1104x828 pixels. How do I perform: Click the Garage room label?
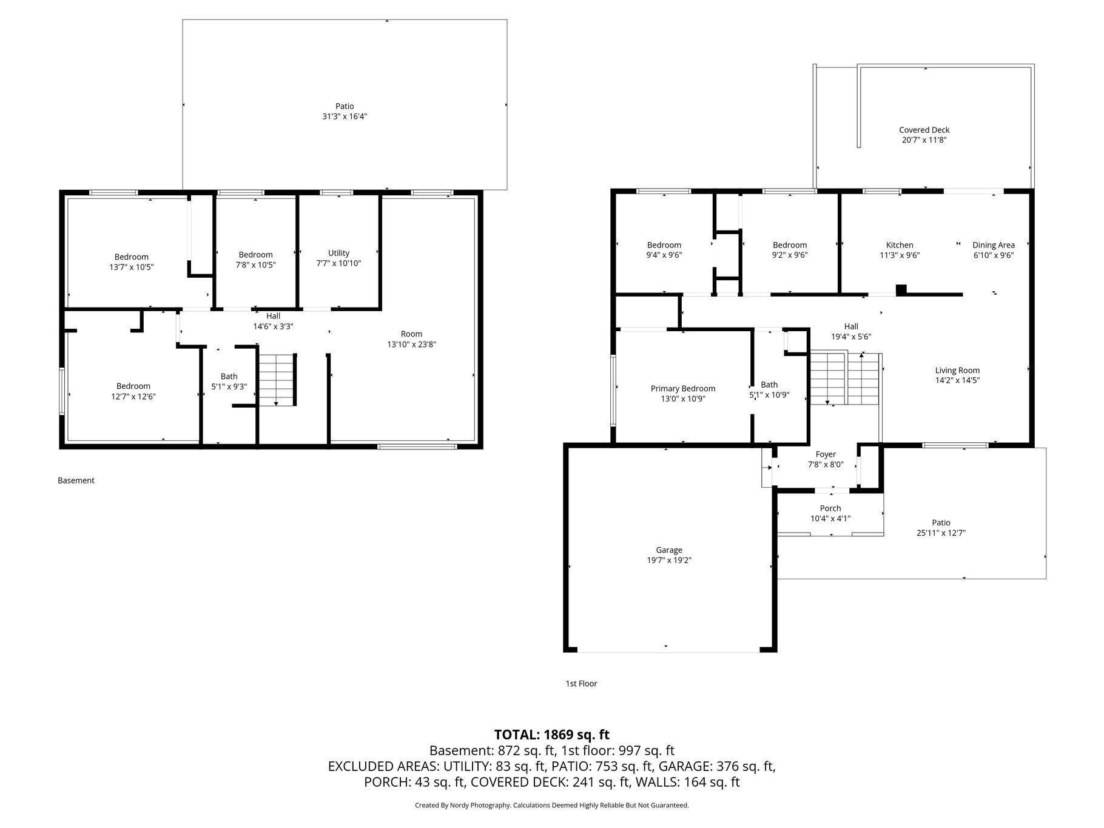tap(668, 550)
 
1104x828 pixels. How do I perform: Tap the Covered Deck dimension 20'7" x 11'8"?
tap(924, 140)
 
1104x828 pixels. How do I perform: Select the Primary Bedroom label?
tap(682, 389)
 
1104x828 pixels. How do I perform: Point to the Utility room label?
tap(338, 253)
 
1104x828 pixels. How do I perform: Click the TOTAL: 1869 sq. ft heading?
tap(551, 735)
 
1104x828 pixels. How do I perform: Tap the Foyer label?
tap(825, 454)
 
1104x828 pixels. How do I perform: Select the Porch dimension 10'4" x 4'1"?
tap(830, 519)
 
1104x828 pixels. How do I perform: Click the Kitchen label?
tap(899, 245)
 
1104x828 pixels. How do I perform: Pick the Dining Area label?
tap(993, 245)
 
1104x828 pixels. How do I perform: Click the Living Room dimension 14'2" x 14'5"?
tap(957, 380)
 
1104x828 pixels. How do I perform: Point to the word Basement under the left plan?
tap(76, 480)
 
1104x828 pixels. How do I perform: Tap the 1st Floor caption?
tap(581, 684)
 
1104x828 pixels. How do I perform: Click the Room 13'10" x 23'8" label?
tap(411, 339)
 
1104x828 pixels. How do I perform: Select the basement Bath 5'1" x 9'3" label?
tap(229, 382)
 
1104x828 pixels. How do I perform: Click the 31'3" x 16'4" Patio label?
tap(345, 111)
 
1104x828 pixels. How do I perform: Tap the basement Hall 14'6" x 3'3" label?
tap(273, 321)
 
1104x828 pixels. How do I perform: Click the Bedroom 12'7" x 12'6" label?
tap(133, 391)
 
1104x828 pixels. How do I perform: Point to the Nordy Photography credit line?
tap(551, 806)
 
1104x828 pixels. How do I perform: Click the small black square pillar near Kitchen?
tap(901, 289)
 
